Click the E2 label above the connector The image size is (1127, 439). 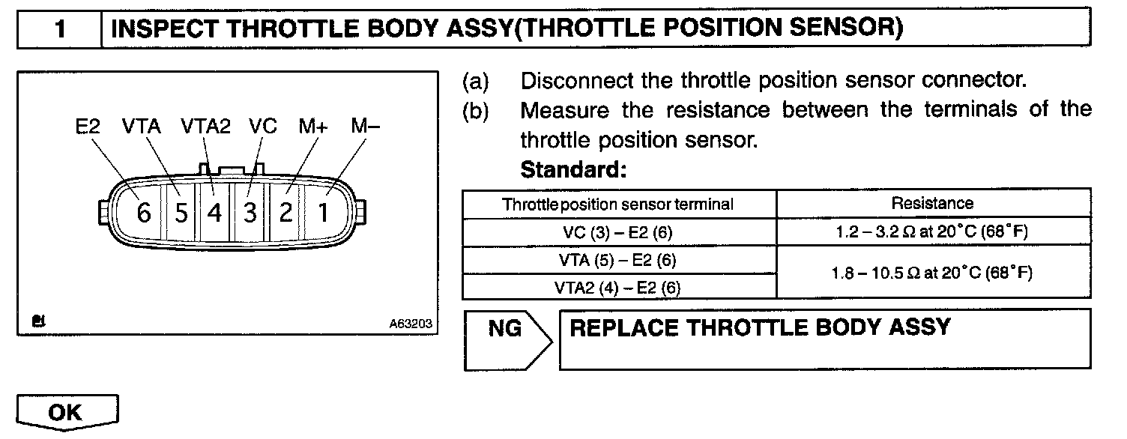[88, 127]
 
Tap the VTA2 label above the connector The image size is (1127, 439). [205, 127]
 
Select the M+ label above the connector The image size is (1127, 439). [312, 127]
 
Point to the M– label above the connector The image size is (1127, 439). [365, 127]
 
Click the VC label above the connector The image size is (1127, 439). [262, 127]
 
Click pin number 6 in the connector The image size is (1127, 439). [144, 214]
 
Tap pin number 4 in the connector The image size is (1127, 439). [215, 214]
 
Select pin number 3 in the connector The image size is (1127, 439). [250, 214]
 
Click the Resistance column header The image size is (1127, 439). [933, 203]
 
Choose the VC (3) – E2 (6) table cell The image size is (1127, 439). [618, 232]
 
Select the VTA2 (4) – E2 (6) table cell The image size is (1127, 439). [618, 286]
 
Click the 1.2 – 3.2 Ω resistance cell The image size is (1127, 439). [933, 231]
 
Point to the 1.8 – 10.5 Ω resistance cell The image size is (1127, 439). [933, 273]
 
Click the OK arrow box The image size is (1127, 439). [67, 413]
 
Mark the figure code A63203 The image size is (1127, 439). [409, 324]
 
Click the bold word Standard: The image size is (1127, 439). [573, 170]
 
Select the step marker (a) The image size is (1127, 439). [474, 80]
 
